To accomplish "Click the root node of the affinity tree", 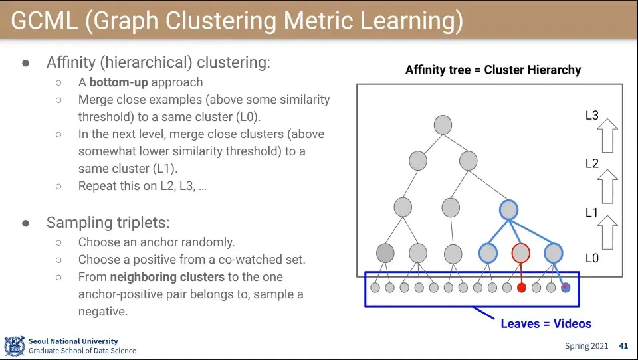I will click(443, 125).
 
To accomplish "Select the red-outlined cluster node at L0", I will click(521, 252).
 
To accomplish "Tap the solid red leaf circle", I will click(522, 288).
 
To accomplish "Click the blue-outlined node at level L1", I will click(508, 210).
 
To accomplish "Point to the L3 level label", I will click(591, 116).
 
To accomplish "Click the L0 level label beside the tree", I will click(591, 258).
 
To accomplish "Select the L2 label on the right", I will click(591, 163).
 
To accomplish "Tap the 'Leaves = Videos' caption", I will click(546, 324).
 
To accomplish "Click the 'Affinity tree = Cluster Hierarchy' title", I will click(493, 70).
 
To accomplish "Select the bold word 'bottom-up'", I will click(118, 82).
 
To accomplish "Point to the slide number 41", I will click(623, 346).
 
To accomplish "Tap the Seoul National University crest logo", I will click(14, 346).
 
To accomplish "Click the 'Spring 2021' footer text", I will click(586, 346).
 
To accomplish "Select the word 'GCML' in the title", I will click(45, 21).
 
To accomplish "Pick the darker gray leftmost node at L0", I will click(385, 253).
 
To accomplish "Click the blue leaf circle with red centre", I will click(566, 288).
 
